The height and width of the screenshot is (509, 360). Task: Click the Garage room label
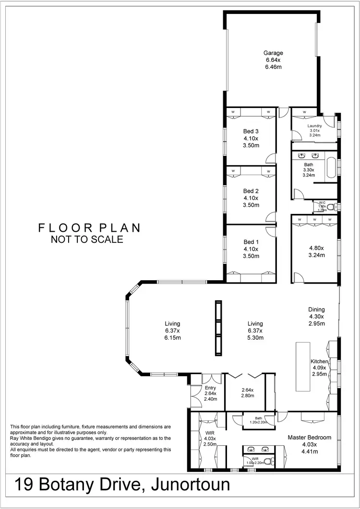click(273, 53)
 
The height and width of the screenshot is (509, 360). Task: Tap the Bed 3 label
click(251, 131)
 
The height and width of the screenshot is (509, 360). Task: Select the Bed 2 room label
click(251, 191)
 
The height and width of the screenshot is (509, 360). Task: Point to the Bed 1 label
click(251, 242)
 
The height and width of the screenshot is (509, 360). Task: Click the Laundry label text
click(315, 126)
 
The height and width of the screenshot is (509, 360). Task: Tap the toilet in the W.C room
click(330, 207)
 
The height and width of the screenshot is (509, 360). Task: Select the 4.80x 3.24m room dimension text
click(316, 251)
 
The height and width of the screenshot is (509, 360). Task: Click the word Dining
click(316, 309)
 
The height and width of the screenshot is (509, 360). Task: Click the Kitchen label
click(319, 361)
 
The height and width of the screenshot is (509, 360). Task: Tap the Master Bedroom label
click(309, 438)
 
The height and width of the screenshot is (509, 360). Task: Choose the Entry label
click(211, 388)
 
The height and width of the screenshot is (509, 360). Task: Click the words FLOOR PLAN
click(90, 228)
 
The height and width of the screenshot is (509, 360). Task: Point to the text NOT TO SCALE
click(87, 239)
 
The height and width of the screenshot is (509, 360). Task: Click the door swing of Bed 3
click(272, 158)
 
